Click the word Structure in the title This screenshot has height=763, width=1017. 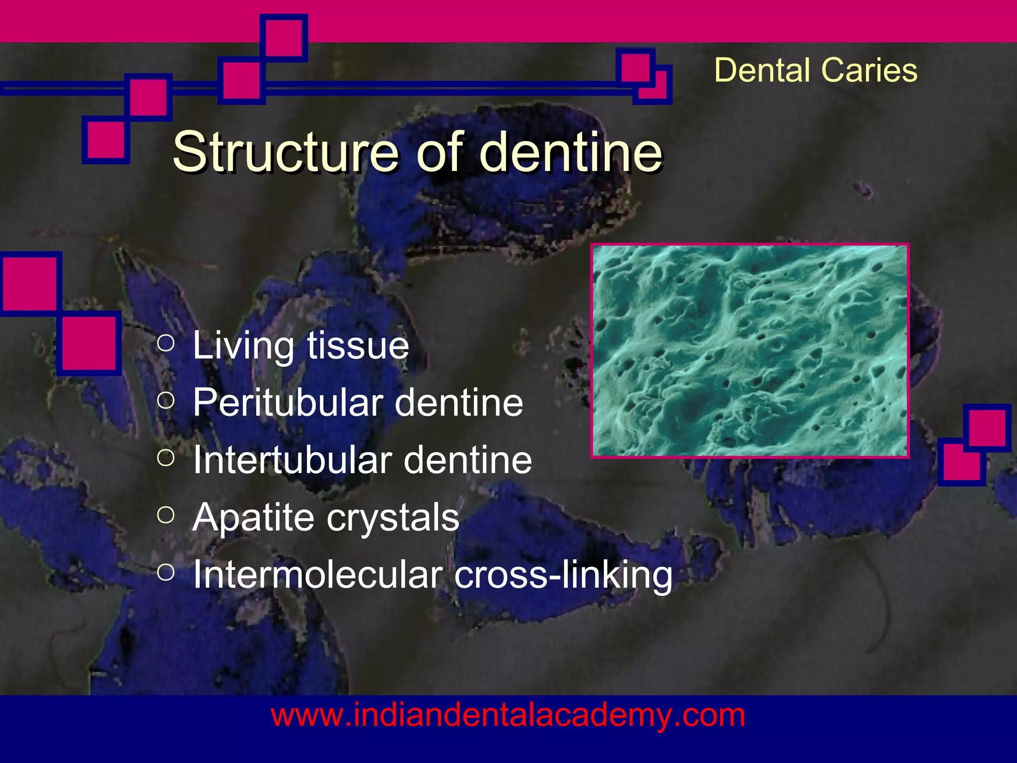click(x=285, y=152)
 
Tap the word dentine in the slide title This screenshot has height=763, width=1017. click(x=571, y=152)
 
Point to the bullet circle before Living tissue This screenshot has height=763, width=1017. click(x=166, y=343)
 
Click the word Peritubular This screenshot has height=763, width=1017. click(x=288, y=402)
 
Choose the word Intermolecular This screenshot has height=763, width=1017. click(x=317, y=575)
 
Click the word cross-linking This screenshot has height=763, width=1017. click(x=563, y=575)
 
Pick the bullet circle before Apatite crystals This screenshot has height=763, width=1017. click(x=166, y=515)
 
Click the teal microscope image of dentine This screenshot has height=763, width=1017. click(x=750, y=351)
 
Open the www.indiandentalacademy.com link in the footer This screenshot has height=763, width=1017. click(x=508, y=716)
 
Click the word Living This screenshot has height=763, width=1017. click(x=243, y=346)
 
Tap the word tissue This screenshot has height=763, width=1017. click(x=358, y=346)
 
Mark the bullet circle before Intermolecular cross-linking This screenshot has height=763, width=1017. click(x=166, y=572)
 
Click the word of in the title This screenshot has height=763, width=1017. click(x=438, y=152)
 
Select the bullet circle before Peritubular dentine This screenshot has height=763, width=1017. click(x=166, y=400)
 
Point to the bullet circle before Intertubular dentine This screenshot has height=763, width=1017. click(x=166, y=458)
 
